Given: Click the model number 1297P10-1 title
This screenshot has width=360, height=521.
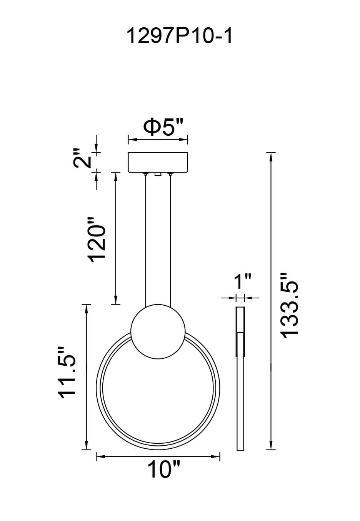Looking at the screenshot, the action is [179, 37].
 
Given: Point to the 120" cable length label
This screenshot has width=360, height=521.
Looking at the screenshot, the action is [96, 240].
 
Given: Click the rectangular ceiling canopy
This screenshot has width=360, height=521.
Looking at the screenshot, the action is [158, 162].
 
